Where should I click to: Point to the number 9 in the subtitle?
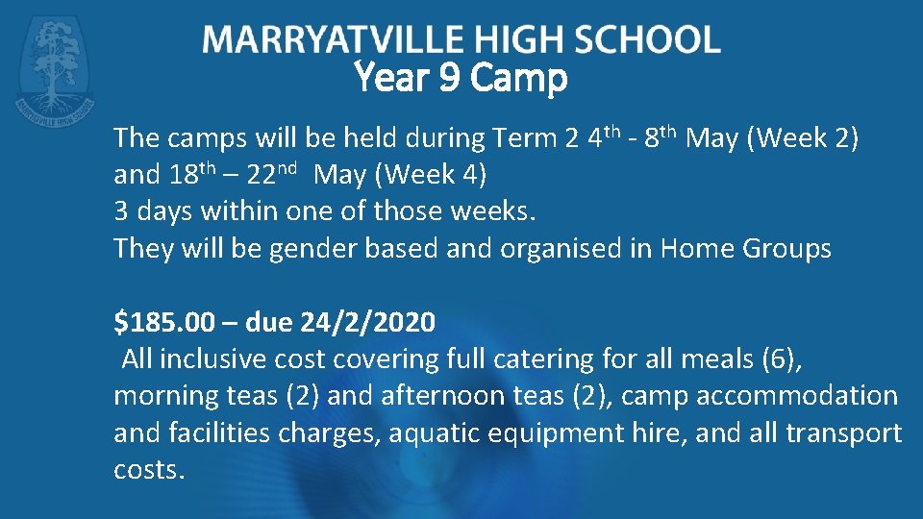[x=447, y=78]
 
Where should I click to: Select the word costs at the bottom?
[x=148, y=470]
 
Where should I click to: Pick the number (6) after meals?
[x=778, y=359]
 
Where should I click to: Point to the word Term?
[x=527, y=138]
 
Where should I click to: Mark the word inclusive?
[x=206, y=359]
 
